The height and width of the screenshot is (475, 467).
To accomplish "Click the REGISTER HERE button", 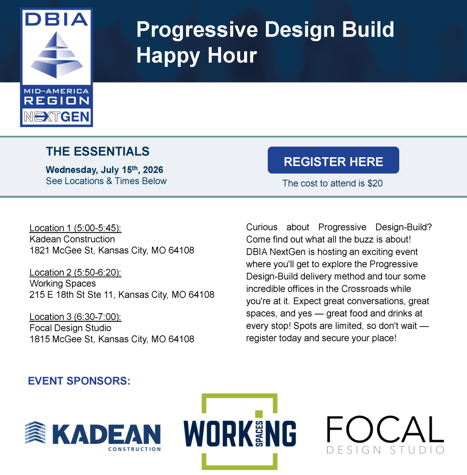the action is coord(333,160).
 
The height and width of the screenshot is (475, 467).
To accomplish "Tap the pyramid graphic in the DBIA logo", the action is coord(57,55).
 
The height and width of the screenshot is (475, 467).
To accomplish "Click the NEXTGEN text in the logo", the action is coord(57,116).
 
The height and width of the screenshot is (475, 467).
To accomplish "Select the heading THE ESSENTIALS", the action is coord(97,152).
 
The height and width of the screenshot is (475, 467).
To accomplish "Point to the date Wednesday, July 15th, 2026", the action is coord(104,170).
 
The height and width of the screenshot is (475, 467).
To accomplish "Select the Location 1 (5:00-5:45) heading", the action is coord(75,228).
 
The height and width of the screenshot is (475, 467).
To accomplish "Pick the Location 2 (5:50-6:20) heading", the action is coord(75,273).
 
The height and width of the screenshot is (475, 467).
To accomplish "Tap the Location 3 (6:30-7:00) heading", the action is coord(75,317).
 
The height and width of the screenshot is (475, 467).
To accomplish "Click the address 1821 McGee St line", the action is coord(111,250).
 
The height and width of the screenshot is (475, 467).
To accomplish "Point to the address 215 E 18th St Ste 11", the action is coord(122,295).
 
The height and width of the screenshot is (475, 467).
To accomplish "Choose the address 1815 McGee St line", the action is coord(111,339).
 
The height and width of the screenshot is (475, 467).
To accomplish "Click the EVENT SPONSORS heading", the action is coord(79,381).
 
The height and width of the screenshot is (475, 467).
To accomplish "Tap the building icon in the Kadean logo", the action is coord(35,433).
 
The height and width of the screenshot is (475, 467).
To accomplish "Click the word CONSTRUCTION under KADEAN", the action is coord(135,449).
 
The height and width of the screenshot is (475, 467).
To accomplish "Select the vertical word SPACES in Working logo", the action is coord(259,434).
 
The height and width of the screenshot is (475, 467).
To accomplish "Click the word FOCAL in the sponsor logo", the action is coord(385,429).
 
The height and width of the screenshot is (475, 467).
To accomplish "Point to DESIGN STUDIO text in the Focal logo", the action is coord(385,450).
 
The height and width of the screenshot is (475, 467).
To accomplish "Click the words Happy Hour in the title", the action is coord(196,56).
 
